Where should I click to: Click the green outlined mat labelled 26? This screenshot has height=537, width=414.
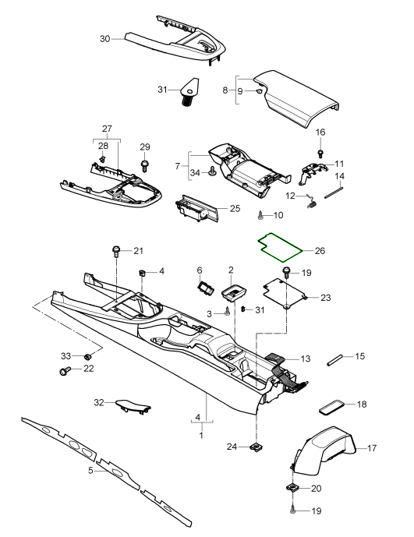pyautogui.click(x=282, y=246)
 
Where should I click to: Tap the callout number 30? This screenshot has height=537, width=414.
pyautogui.click(x=106, y=38)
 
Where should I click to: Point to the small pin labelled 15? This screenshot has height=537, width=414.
pyautogui.click(x=335, y=359)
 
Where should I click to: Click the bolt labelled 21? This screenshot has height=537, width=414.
pyautogui.click(x=116, y=251)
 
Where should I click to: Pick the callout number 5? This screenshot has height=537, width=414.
pyautogui.click(x=91, y=471)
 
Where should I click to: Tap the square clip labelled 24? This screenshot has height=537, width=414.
pyautogui.click(x=256, y=447)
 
